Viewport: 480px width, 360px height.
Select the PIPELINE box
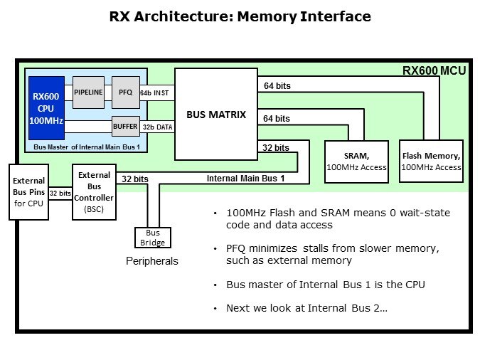89,92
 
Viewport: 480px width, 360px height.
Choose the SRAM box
356,161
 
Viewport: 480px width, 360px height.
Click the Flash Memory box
432,161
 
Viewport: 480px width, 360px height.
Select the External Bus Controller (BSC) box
94,191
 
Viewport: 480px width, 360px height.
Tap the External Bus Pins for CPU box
28,191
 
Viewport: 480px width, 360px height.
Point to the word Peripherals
151,262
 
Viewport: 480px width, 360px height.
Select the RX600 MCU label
433,71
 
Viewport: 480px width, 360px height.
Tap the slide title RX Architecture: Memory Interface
240,16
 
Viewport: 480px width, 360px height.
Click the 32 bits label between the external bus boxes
60,193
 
